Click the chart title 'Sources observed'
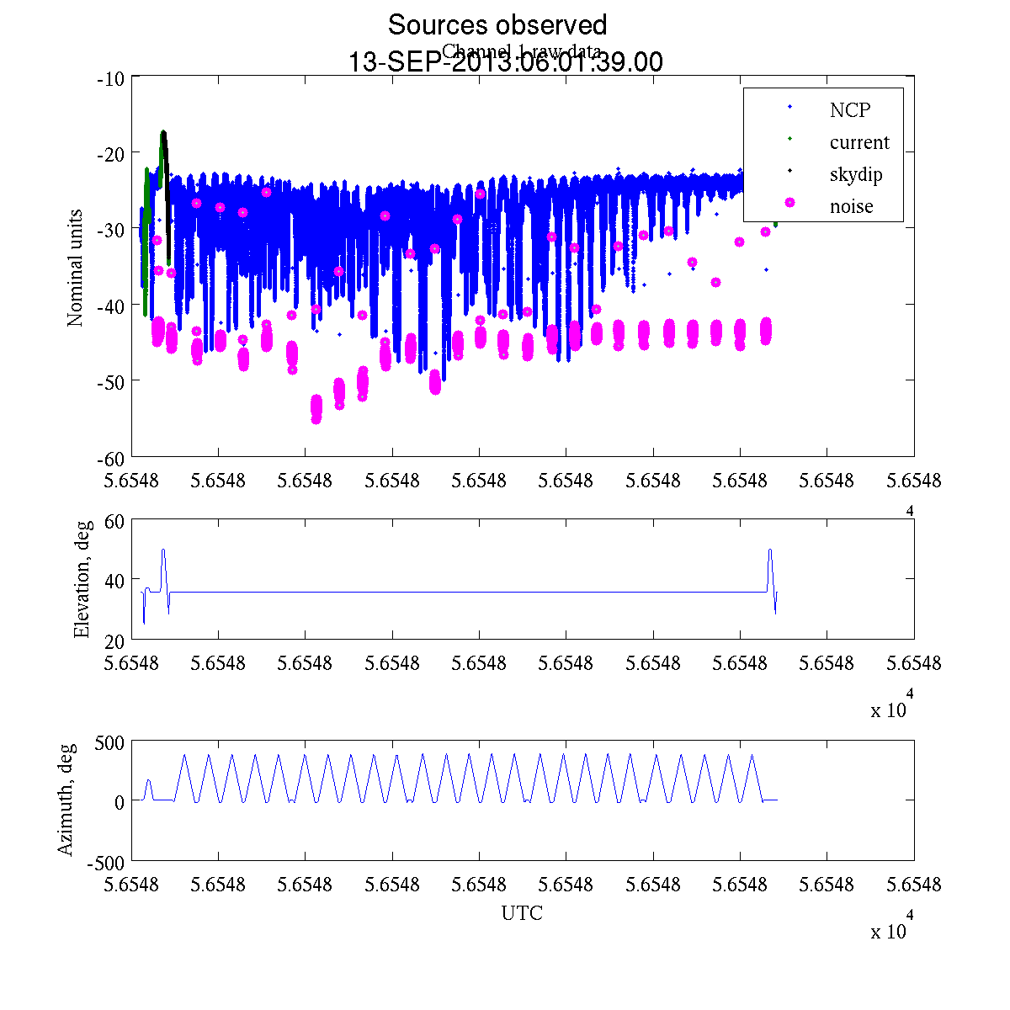(x=497, y=24)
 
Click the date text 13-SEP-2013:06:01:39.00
(x=505, y=62)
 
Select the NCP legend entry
(x=849, y=109)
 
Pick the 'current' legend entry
(x=858, y=142)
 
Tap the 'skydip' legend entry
(x=855, y=174)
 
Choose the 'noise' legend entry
(x=851, y=206)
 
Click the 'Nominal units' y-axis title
(x=75, y=268)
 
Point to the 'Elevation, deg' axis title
(x=81, y=579)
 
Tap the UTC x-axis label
(x=522, y=912)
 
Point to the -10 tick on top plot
(x=111, y=78)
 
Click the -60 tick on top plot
(x=111, y=458)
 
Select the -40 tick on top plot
(x=111, y=306)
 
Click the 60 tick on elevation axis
(x=114, y=521)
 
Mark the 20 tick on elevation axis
(x=114, y=640)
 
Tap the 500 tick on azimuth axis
(x=109, y=742)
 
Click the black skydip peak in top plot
(x=164, y=133)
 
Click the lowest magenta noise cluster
(x=316, y=408)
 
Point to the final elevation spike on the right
(x=770, y=550)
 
